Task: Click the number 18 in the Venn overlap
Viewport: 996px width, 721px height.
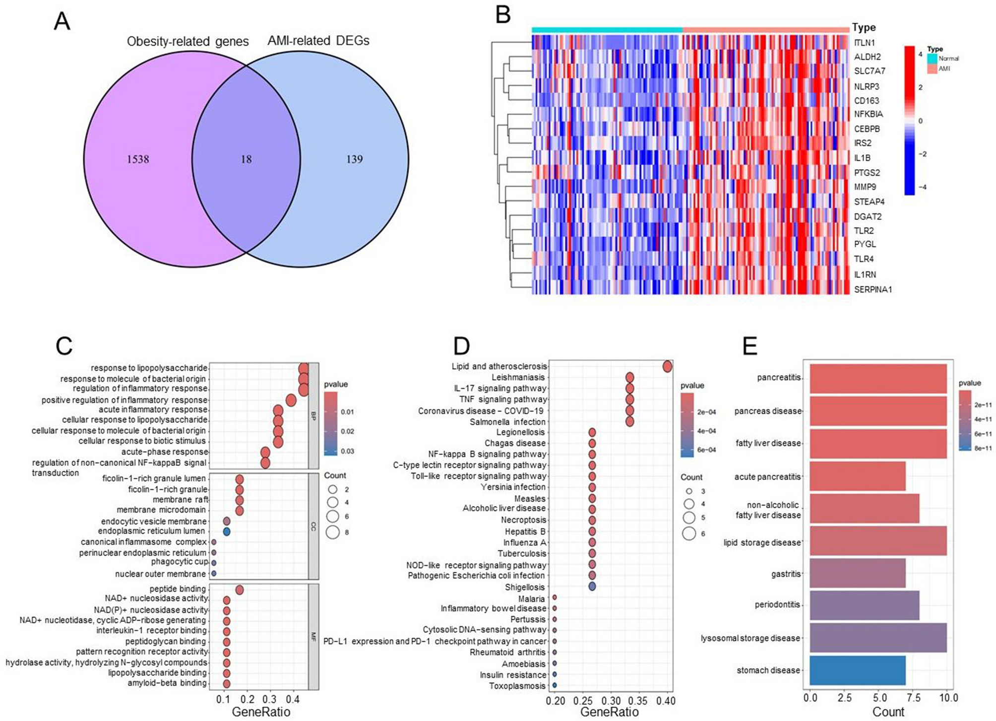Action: point(246,159)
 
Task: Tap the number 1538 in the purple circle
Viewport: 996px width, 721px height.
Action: point(137,159)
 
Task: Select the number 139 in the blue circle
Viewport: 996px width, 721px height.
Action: point(354,159)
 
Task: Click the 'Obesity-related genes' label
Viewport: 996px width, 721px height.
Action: point(187,42)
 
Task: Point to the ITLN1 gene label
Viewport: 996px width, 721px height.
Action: point(864,43)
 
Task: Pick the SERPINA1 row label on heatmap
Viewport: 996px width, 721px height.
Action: point(872,289)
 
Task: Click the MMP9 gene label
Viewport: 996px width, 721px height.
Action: point(865,187)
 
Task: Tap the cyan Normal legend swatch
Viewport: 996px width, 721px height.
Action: point(932,59)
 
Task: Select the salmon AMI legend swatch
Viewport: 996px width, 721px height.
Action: point(932,69)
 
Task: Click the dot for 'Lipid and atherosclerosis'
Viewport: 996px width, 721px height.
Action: point(667,367)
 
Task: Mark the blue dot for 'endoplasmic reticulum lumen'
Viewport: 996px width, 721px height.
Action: point(227,531)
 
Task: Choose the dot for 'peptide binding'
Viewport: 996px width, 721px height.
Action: point(240,590)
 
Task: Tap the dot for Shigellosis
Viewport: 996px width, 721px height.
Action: point(592,587)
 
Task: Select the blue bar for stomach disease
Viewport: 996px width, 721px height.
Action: point(858,670)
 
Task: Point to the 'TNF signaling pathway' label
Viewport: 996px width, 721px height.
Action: point(503,399)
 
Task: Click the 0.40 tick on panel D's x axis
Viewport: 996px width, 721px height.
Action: point(666,701)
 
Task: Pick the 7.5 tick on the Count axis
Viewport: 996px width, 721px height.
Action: point(913,698)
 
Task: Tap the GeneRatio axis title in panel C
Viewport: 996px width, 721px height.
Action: point(261,712)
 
